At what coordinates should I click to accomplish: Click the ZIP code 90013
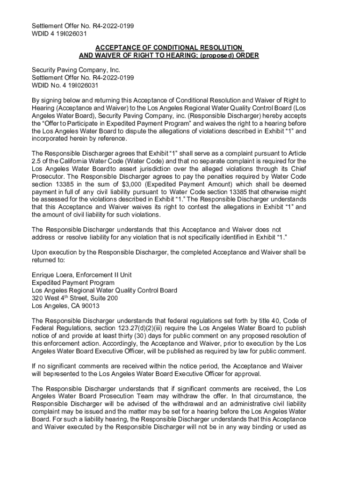(89, 306)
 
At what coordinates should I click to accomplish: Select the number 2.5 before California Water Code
(37, 161)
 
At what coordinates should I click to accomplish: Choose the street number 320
(37, 298)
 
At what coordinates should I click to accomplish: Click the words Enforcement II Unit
(106, 275)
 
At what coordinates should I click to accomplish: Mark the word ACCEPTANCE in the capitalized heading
(120, 48)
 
